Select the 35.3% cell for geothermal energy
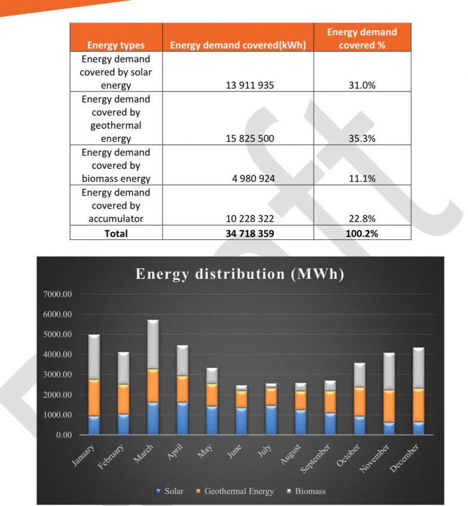coord(362,139)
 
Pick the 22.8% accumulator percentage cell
coord(362,219)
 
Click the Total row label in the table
coord(116,233)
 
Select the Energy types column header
coord(116,45)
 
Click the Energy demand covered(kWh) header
coord(238,45)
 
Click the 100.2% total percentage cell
coord(362,233)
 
